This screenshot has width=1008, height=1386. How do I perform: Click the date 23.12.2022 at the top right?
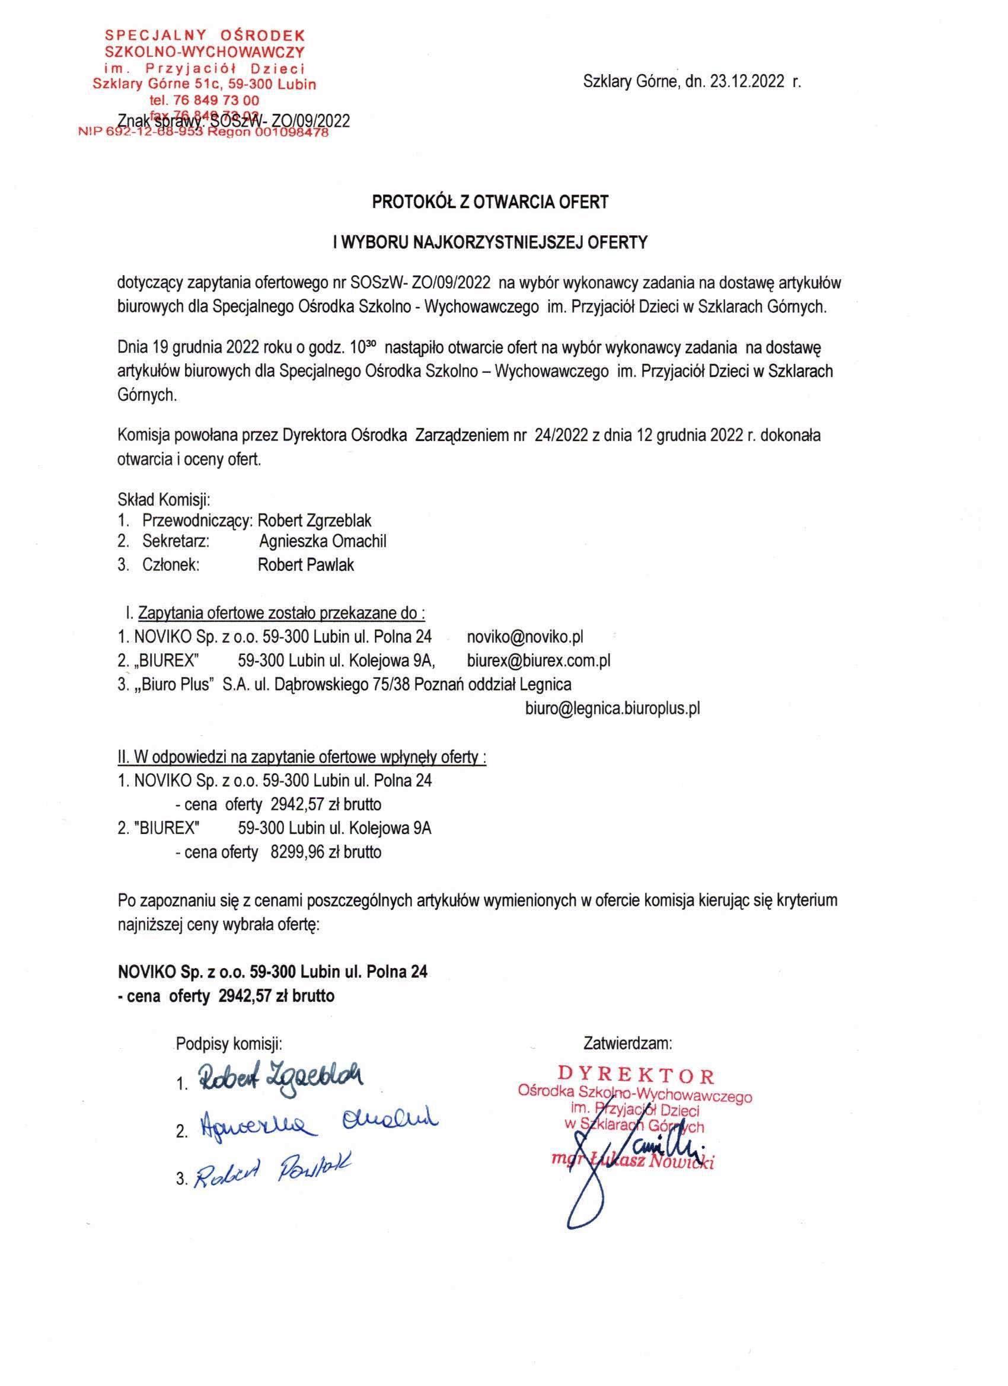click(747, 82)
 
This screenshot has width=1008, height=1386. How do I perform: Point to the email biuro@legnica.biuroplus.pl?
click(613, 708)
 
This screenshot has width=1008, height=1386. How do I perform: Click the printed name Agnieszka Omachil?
click(322, 541)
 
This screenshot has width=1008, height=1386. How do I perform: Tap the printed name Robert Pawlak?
click(305, 565)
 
